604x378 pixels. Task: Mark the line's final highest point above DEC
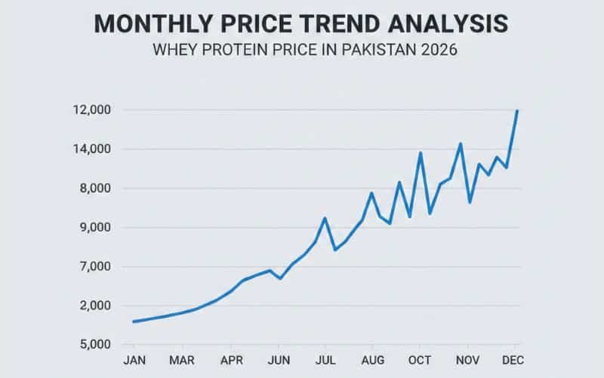point(517,111)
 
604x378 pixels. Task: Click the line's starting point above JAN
point(134,321)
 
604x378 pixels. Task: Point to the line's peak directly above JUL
point(325,218)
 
